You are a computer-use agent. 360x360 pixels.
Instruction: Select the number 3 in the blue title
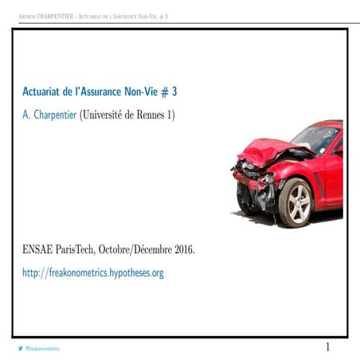pyautogui.click(x=174, y=92)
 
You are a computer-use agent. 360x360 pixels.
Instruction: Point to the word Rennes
pyautogui.click(x=149, y=115)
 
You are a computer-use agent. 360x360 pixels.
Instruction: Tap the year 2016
pyautogui.click(x=178, y=250)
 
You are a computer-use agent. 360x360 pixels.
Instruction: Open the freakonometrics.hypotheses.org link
pyautogui.click(x=93, y=273)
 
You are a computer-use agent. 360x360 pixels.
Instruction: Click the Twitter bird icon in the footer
pyautogui.click(x=20, y=349)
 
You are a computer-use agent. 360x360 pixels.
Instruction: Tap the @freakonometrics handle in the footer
pyautogui.click(x=43, y=349)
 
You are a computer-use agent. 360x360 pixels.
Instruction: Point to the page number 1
pyautogui.click(x=327, y=347)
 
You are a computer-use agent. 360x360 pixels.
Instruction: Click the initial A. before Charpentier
pyautogui.click(x=26, y=115)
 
